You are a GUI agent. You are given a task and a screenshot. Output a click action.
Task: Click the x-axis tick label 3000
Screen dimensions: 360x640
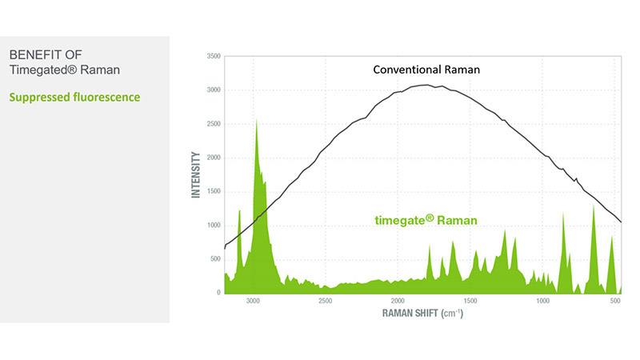pos(253,302)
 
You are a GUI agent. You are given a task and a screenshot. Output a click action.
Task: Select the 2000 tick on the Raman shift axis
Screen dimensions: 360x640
pos(398,302)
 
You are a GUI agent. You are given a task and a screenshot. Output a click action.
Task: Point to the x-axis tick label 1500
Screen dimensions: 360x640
pos(470,302)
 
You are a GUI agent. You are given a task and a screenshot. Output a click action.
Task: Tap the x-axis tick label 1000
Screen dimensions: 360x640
pos(543,302)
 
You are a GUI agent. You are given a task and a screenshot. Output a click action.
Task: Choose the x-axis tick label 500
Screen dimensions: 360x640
pos(615,302)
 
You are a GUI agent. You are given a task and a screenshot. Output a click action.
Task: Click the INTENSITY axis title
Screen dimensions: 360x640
pos(195,175)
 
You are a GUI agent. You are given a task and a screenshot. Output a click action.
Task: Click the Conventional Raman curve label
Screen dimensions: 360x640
pos(426,70)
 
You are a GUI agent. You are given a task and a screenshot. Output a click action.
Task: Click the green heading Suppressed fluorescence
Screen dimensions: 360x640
pos(74,98)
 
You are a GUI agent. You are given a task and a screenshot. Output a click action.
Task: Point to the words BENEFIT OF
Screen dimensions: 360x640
pos(46,55)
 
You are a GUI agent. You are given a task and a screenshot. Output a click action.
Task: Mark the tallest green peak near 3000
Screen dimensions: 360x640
pos(256,122)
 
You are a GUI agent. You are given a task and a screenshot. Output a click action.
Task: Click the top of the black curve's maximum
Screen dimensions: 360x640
pos(428,85)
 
